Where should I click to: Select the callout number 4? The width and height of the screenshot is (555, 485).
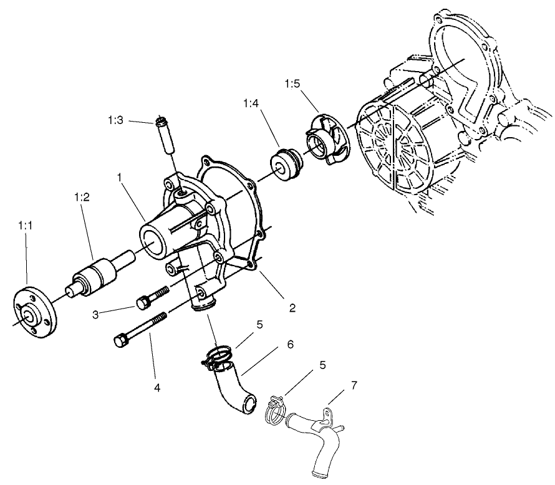[x=157, y=388]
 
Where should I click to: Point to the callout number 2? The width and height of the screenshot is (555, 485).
[x=292, y=307]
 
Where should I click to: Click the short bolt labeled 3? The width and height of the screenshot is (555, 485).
[x=152, y=297]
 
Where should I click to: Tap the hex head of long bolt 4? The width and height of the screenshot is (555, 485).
[x=121, y=341]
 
